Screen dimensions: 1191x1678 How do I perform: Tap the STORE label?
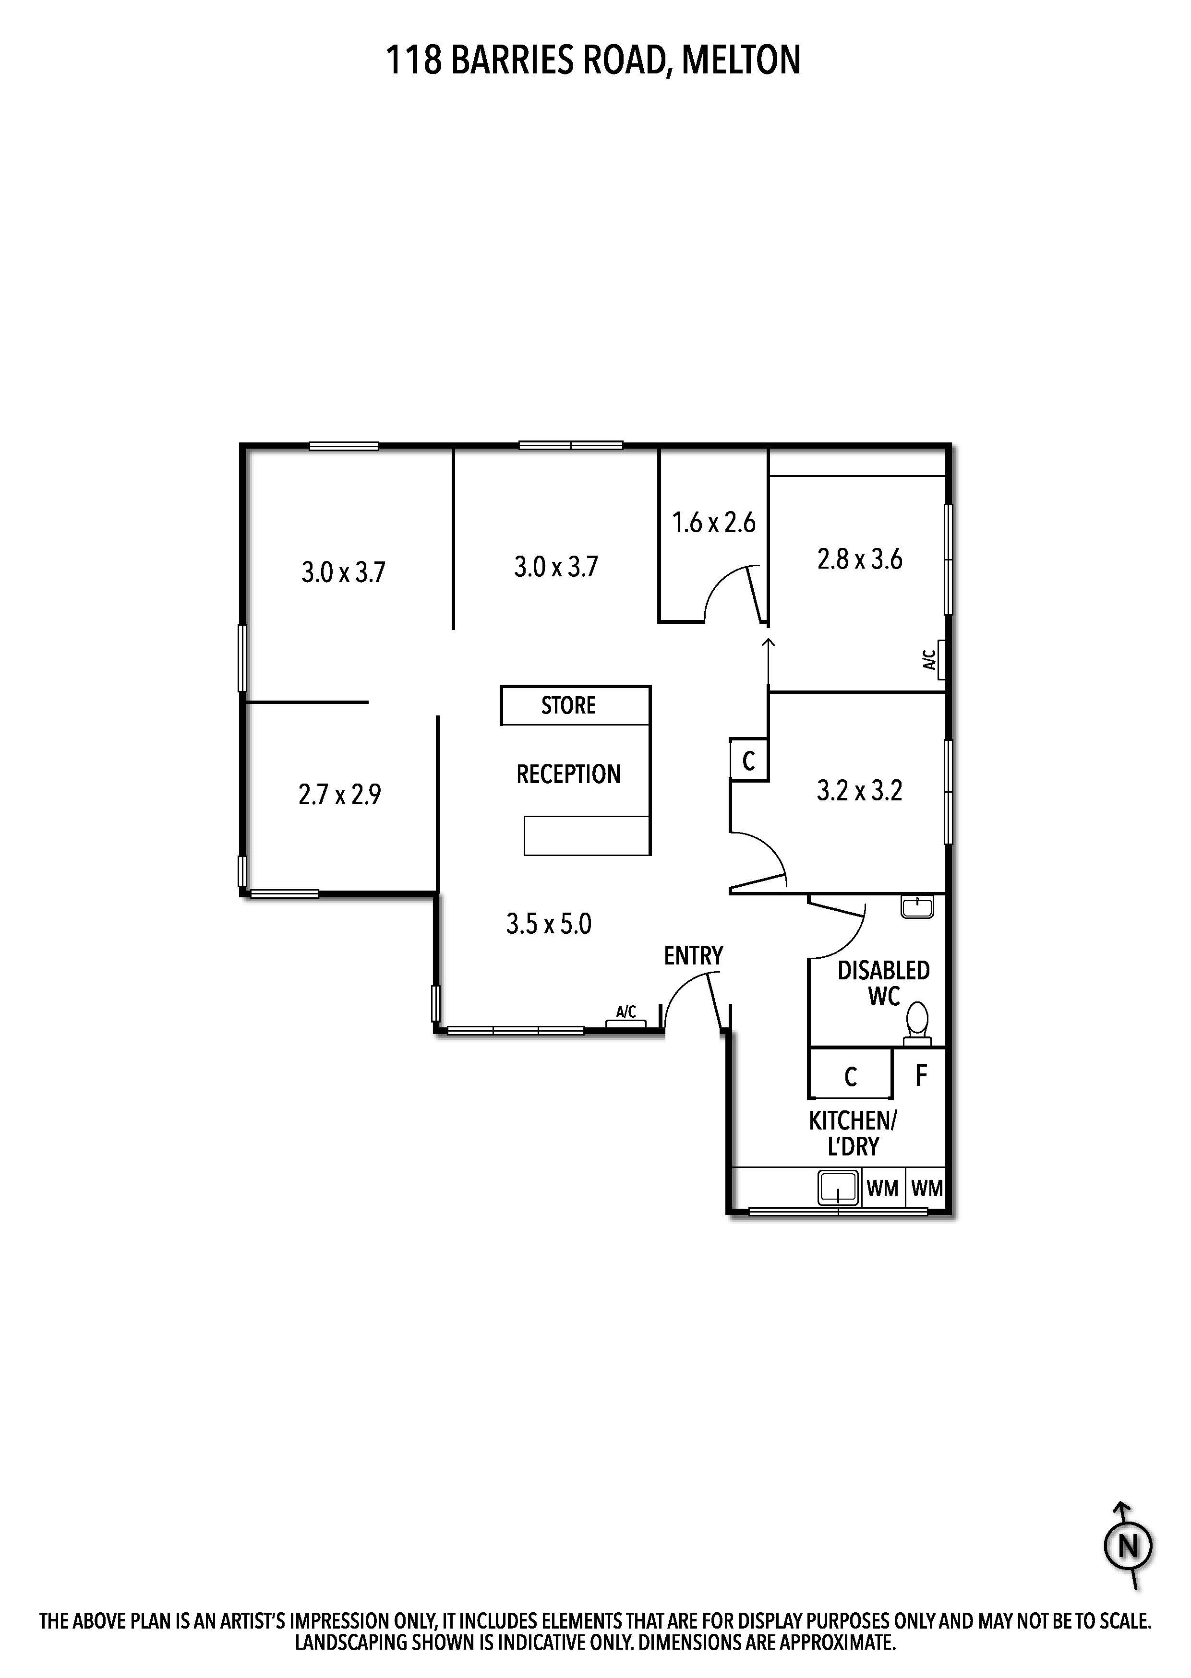[568, 705]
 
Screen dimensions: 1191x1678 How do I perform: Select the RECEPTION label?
[568, 774]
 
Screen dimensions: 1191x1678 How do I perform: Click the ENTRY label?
[693, 956]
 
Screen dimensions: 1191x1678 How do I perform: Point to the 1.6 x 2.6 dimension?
[713, 523]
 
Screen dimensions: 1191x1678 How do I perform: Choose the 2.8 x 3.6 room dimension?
[859, 559]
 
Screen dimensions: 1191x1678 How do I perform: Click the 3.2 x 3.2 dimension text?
[859, 791]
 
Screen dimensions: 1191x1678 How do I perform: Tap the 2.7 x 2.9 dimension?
[339, 795]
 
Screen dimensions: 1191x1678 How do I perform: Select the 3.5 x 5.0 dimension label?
[549, 924]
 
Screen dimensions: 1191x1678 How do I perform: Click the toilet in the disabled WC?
[917, 1023]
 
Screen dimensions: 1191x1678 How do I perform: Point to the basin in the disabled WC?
[917, 907]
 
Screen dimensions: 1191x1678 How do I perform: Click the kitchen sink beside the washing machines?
[838, 1188]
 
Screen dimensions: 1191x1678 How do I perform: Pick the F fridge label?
[921, 1075]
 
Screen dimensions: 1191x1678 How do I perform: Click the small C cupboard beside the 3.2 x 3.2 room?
[749, 760]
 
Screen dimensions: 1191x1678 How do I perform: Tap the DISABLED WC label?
[884, 984]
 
